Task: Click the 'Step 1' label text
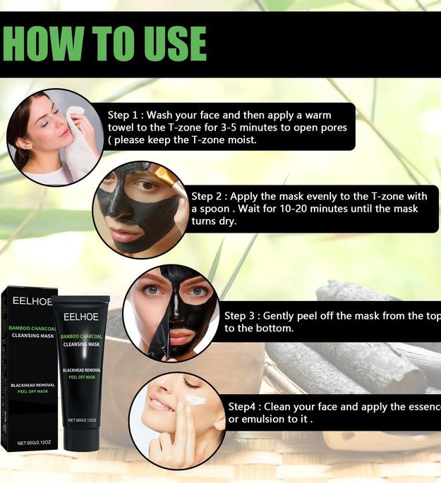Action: [x=126, y=115]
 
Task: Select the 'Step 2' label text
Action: [x=209, y=196]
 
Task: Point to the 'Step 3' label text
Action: [x=242, y=316]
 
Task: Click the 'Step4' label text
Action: [x=244, y=407]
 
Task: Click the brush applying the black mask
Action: [x=164, y=176]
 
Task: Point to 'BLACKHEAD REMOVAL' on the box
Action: [x=28, y=384]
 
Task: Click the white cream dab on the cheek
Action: [x=195, y=401]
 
